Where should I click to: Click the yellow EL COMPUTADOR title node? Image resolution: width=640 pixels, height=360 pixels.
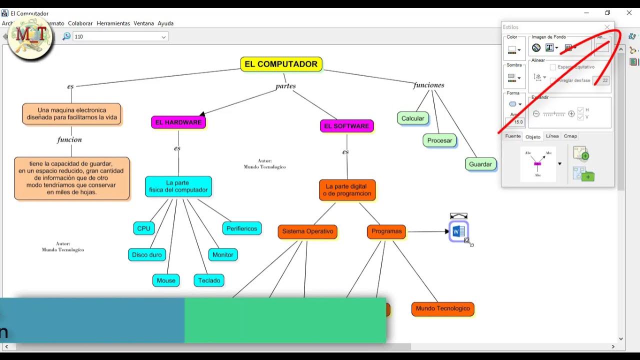(281, 64)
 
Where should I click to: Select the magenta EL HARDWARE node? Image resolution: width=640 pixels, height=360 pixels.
(178, 122)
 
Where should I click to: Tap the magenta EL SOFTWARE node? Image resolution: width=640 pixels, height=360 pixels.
(346, 126)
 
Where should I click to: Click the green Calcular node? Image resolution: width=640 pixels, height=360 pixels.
(412, 118)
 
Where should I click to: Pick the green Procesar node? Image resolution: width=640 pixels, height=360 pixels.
(439, 140)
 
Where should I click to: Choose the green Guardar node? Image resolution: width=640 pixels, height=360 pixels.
(480, 164)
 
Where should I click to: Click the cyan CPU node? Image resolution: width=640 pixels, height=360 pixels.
(143, 228)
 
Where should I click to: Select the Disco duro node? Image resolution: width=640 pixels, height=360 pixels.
(146, 254)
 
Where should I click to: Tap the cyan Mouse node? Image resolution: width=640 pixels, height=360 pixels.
(166, 280)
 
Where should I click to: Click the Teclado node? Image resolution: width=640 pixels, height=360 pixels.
(209, 280)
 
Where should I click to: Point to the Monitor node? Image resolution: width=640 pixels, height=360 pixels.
(222, 254)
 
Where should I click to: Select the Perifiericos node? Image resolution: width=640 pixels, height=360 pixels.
(241, 228)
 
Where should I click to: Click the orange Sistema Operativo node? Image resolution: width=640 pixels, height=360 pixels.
(307, 231)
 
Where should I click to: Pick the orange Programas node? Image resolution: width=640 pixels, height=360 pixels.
(386, 231)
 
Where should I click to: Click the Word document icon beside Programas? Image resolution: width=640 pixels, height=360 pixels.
(458, 231)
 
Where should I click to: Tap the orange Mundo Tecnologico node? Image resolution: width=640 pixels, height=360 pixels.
(442, 308)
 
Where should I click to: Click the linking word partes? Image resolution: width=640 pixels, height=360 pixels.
(285, 86)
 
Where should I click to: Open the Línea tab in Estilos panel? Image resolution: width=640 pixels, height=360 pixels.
(552, 136)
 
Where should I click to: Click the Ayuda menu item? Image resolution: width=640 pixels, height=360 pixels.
(165, 23)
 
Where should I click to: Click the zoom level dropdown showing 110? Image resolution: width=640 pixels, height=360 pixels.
(120, 36)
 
